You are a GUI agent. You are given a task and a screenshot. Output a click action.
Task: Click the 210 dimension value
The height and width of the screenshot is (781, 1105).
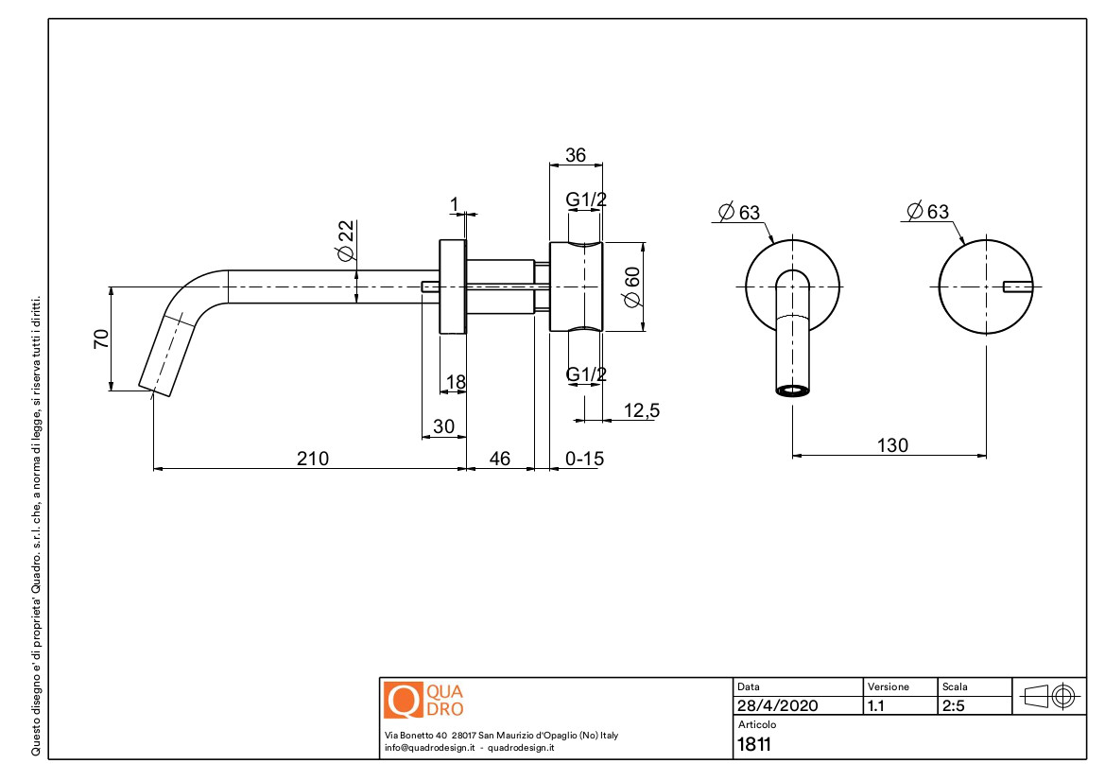coord(313,459)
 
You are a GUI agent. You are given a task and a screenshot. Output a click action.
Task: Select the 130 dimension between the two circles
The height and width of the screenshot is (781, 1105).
coord(891,445)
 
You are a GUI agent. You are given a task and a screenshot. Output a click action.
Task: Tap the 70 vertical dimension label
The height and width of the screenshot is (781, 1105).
coord(101,338)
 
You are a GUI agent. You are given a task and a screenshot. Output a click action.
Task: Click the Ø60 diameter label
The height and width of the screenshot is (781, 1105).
coord(632,286)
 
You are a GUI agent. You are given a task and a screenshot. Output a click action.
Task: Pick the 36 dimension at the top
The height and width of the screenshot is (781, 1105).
coord(575,155)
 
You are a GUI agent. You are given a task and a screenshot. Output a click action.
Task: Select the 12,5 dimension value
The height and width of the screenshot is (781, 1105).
coord(642,410)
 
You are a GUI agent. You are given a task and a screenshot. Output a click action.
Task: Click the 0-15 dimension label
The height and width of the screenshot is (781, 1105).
coord(584,459)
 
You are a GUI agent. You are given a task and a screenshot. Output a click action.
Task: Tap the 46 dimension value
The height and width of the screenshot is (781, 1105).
coord(499,459)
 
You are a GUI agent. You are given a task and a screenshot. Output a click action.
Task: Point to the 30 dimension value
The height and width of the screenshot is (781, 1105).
coord(443,426)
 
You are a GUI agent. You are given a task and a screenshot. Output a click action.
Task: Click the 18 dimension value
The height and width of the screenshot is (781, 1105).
coord(456,382)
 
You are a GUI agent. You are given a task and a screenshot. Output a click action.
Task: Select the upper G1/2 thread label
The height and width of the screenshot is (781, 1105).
coord(586,200)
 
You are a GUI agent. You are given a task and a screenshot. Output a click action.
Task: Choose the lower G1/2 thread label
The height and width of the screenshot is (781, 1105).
coord(586,375)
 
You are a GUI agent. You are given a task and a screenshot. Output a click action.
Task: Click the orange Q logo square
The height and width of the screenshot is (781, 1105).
coord(400,700)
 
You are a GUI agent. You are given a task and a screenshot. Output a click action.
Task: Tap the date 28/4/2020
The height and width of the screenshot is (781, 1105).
coord(777,706)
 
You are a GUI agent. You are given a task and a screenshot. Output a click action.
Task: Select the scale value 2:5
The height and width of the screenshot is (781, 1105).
coord(953,706)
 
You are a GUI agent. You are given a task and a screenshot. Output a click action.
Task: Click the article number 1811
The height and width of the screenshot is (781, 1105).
coord(753,744)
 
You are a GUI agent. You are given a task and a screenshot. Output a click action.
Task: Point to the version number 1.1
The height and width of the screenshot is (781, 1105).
coord(876,706)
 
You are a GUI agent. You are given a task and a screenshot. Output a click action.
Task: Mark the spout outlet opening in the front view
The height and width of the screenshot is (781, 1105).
coord(793,390)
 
